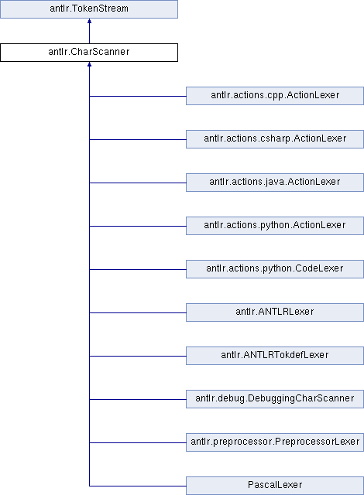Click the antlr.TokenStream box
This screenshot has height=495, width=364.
pos(89,9)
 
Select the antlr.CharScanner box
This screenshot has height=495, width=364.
pos(89,53)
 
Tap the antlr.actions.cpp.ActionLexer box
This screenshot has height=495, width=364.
pos(275,96)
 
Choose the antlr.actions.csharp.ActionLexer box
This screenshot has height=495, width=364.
pos(275,139)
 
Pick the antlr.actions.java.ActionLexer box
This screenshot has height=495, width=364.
pos(275,183)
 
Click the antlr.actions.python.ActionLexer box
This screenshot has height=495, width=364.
pos(275,226)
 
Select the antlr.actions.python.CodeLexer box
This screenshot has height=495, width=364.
pos(275,269)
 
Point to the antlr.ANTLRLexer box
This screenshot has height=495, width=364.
pos(275,312)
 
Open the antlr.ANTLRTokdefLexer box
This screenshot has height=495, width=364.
pos(275,356)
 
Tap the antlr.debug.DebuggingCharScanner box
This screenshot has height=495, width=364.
pos(275,399)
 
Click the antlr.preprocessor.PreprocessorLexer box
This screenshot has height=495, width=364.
pos(275,442)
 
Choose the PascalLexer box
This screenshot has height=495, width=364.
pos(275,486)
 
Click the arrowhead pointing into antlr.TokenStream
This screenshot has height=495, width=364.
pos(89,21)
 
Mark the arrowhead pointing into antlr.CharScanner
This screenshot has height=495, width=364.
pos(89,64)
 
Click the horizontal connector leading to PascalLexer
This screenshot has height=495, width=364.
pos(138,486)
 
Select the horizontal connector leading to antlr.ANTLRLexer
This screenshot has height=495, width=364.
pos(138,312)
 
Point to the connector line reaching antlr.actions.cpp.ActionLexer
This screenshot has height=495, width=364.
pos(138,96)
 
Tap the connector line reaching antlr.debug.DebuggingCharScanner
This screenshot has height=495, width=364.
pos(138,399)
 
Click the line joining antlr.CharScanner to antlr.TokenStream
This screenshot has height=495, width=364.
pos(89,31)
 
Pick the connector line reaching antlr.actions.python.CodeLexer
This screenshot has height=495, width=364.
pos(138,270)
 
